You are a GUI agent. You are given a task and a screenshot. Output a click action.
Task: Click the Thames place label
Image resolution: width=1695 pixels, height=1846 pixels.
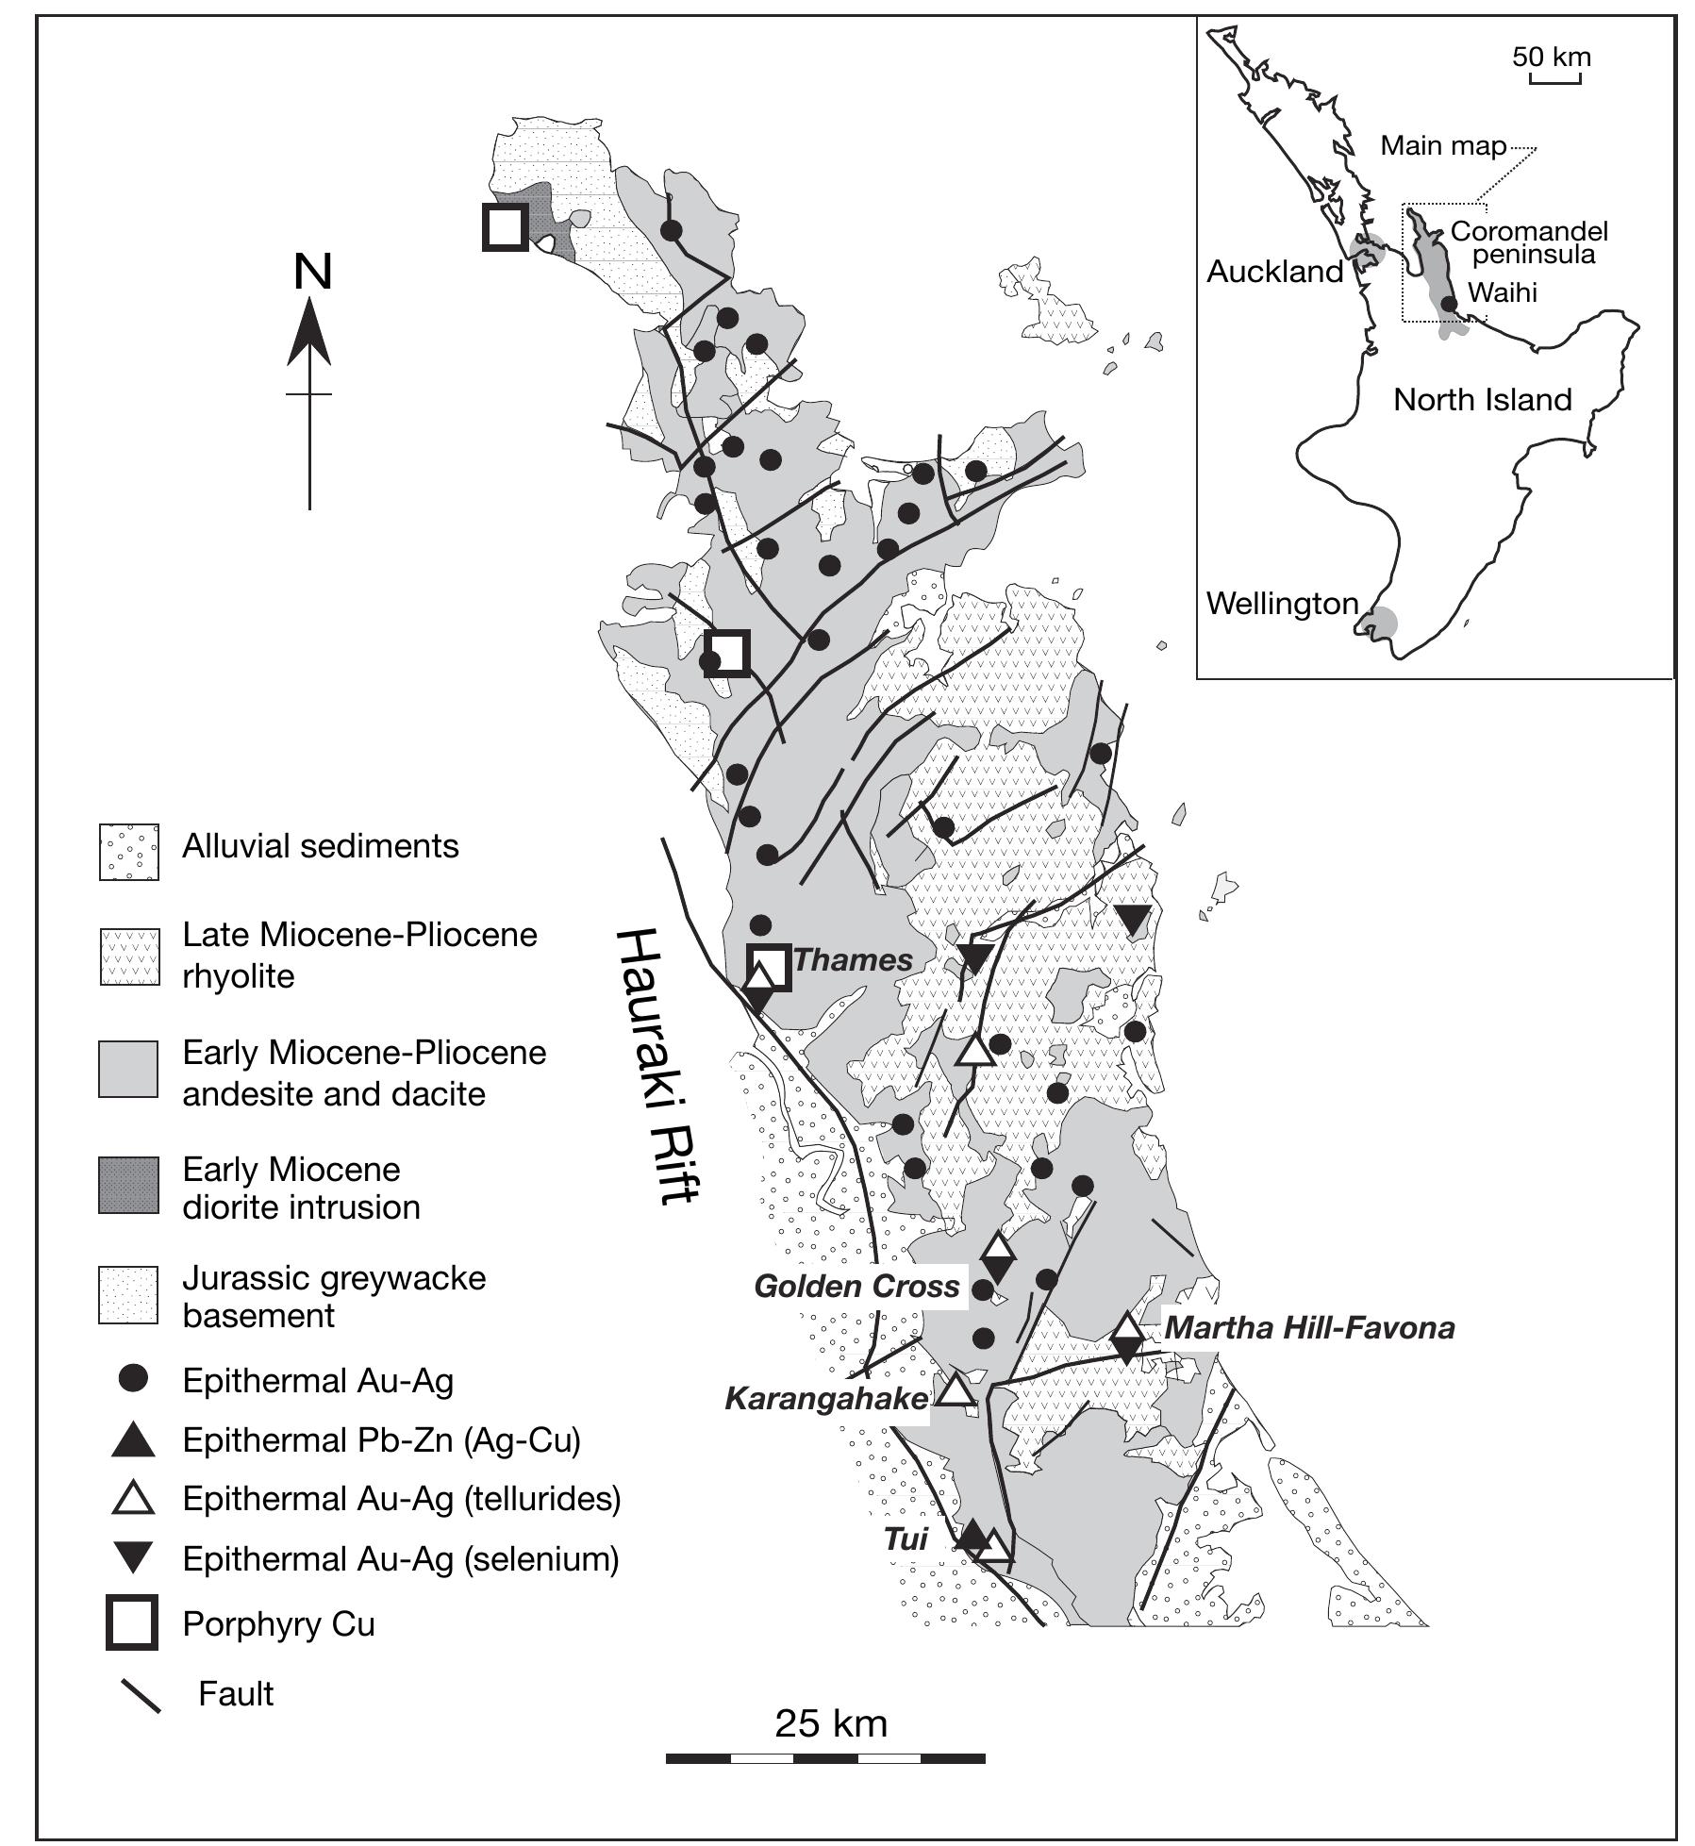pos(853,960)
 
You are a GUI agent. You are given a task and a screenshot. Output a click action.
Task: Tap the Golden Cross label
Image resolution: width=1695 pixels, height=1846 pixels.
pos(856,1287)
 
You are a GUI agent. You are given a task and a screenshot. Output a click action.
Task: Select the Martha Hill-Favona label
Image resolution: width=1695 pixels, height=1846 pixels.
pos(1309,1328)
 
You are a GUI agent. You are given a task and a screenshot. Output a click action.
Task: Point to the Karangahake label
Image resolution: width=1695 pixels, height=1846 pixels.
pos(826,1398)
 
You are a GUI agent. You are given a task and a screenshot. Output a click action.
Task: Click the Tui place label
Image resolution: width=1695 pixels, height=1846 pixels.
pos(906,1538)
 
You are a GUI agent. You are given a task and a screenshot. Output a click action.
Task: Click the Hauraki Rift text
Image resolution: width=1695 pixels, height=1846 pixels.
pos(657,1066)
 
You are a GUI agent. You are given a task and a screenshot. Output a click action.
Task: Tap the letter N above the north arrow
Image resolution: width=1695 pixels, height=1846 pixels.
pos(313,273)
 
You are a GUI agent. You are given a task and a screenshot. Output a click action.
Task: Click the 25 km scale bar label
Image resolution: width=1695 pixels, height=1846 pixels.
pos(831,1723)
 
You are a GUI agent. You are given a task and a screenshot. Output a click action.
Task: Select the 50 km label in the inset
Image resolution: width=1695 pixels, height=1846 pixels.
pos(1552,57)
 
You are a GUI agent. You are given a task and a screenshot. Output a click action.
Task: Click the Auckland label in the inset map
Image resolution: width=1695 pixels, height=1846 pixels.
pos(1274,272)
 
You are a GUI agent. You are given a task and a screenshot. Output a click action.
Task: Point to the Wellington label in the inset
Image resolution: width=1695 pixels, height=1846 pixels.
pos(1282,604)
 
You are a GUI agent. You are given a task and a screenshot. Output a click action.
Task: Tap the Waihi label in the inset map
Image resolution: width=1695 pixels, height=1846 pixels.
pos(1503,292)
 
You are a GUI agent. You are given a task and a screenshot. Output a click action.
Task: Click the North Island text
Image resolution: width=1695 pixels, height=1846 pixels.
pos(1482,400)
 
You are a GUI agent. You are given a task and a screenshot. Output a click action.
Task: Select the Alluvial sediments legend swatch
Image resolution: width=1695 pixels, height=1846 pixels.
pos(129,852)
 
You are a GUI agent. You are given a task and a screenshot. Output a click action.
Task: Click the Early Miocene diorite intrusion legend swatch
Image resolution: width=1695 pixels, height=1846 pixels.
pos(129,1185)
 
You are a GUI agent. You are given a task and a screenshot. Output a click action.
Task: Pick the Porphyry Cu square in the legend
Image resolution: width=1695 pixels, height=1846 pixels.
pos(132,1622)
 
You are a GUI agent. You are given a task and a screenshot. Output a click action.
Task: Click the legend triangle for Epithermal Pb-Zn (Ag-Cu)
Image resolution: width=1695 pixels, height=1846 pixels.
pos(133,1441)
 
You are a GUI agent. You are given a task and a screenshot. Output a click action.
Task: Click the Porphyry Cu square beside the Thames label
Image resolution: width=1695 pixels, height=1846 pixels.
pos(769,966)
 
